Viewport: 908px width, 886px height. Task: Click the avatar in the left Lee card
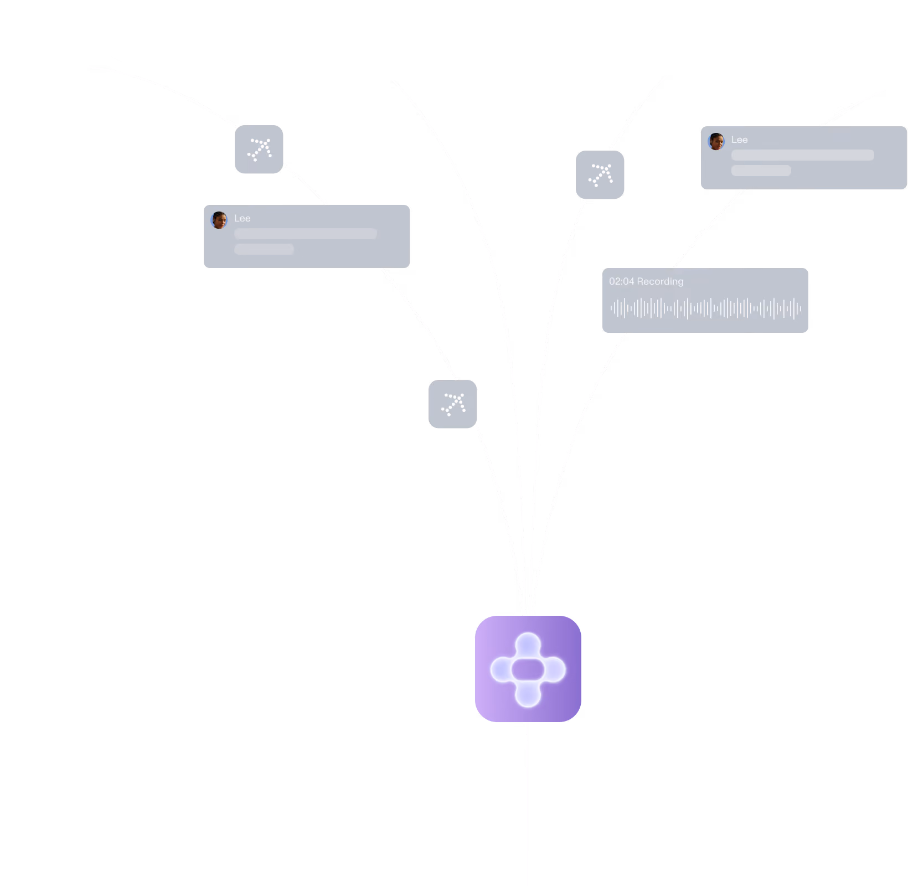[219, 220]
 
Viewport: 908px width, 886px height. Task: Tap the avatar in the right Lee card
[716, 141]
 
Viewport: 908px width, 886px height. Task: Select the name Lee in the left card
[242, 218]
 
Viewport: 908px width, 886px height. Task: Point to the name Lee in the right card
[739, 140]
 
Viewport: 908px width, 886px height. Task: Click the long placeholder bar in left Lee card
[306, 234]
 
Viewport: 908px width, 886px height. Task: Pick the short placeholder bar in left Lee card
[264, 249]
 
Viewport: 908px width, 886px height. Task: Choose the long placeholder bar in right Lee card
[803, 155]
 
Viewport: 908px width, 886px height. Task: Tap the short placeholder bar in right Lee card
[761, 171]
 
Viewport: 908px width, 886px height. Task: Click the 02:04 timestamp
[621, 281]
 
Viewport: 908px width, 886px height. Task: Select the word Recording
[661, 282]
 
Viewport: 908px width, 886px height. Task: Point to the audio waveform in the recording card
[705, 308]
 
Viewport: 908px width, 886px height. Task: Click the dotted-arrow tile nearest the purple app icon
[453, 404]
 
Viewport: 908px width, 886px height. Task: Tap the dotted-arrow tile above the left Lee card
[259, 149]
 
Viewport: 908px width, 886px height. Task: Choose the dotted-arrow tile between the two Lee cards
[600, 174]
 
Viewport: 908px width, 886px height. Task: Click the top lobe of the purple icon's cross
[528, 646]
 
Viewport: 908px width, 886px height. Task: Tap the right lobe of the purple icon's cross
[553, 670]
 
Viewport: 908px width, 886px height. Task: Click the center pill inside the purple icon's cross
[528, 670]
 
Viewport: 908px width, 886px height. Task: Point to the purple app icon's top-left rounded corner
[481, 622]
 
